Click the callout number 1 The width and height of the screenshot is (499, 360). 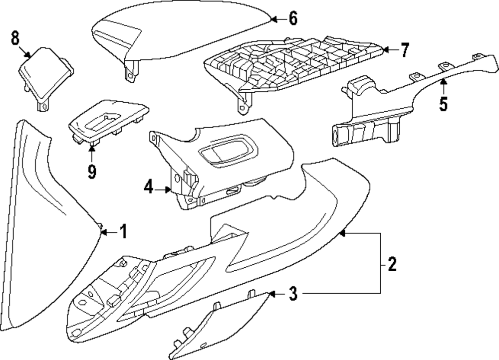click(x=123, y=231)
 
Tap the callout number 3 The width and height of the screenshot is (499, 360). click(x=293, y=295)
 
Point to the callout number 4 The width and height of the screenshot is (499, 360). click(x=148, y=188)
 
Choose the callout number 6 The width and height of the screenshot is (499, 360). click(x=292, y=19)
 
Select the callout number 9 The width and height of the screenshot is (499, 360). click(x=91, y=172)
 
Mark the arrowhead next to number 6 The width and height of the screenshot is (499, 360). click(x=274, y=19)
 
